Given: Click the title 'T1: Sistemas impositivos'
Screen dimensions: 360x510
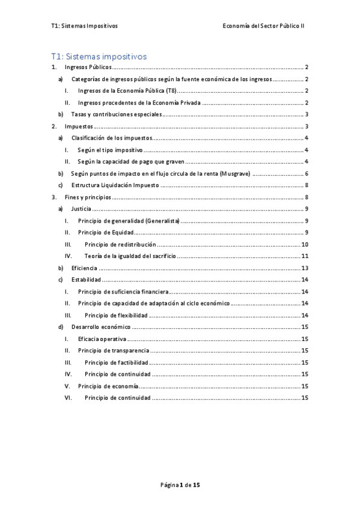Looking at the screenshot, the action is [x=99, y=57].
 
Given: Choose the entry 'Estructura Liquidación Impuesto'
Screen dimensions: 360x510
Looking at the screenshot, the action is [x=115, y=185].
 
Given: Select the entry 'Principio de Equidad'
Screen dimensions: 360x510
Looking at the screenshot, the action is [x=105, y=232].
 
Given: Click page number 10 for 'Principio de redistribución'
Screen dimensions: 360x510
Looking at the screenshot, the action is [x=305, y=244].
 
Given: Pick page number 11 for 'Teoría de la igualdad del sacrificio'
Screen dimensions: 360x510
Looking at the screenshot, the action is [x=305, y=256].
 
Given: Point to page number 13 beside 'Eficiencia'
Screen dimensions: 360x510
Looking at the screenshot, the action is [x=305, y=268].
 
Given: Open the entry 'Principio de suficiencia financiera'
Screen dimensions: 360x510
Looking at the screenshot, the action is [x=122, y=291].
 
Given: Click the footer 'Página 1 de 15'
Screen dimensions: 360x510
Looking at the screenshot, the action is [x=180, y=484].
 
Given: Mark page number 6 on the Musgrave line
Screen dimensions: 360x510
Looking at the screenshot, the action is [x=307, y=173].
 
